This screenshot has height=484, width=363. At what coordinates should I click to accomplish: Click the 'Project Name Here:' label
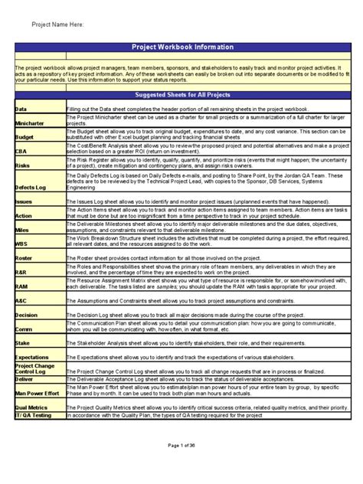(x=59, y=25)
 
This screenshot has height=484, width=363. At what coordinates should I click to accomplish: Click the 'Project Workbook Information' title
(x=182, y=47)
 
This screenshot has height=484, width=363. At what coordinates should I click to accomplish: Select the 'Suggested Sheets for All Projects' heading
(x=182, y=95)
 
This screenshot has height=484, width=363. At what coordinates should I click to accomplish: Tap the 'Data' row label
(x=23, y=110)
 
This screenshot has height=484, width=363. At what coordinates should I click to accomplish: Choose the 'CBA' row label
(x=22, y=152)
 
